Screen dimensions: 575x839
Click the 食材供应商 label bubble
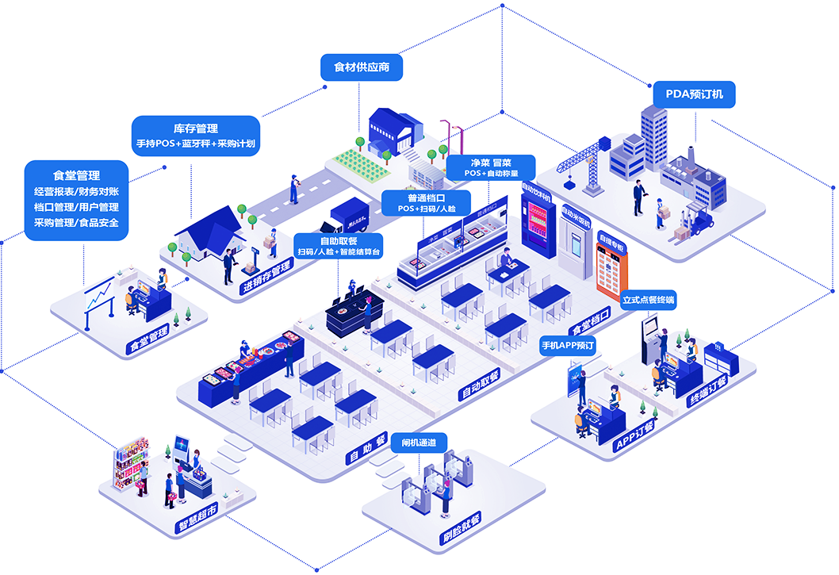[361, 67]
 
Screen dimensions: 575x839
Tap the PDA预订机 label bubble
[694, 95]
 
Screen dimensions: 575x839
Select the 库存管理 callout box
[195, 136]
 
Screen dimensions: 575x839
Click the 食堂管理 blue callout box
[76, 199]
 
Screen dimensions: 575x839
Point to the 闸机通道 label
[419, 443]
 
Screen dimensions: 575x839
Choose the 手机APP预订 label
[567, 346]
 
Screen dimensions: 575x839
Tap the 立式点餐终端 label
[648, 301]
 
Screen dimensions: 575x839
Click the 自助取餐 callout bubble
[339, 246]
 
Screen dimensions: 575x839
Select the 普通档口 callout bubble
[427, 202]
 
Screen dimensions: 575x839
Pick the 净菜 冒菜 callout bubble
[490, 167]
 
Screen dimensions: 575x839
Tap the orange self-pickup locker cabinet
[611, 267]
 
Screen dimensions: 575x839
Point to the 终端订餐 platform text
[708, 389]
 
